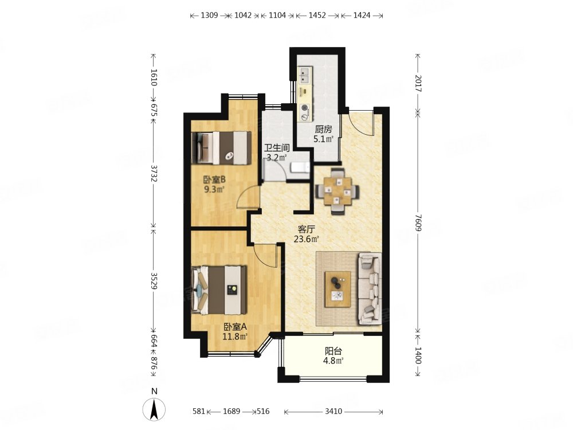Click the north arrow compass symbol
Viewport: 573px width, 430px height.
click(154, 409)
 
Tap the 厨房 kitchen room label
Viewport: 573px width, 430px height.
click(323, 129)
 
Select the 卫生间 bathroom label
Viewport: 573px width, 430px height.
click(277, 148)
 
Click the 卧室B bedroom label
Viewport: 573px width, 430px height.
click(214, 179)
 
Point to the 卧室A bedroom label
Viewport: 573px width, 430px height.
click(235, 327)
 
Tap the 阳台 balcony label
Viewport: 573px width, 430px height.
click(333, 351)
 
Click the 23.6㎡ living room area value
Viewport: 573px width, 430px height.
click(306, 239)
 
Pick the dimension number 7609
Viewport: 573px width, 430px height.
click(418, 222)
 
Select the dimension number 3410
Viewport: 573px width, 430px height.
click(333, 411)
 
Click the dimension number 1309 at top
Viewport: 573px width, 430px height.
click(209, 15)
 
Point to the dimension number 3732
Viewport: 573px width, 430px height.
click(154, 173)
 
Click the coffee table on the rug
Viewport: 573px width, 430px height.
click(338, 289)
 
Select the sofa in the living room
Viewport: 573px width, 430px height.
click(370, 288)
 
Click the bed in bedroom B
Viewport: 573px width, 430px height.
click(221, 148)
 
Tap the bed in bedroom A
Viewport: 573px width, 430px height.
click(219, 290)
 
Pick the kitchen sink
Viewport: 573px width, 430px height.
click(304, 76)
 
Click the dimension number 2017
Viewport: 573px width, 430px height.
click(418, 83)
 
